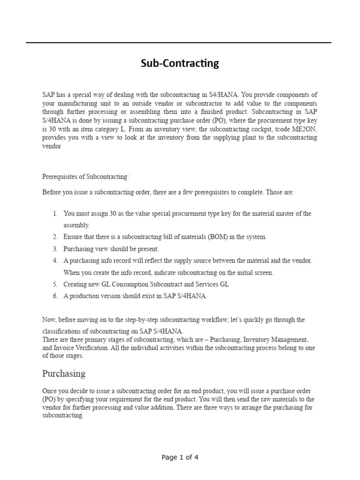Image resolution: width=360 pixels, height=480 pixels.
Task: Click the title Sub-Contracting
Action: point(180,63)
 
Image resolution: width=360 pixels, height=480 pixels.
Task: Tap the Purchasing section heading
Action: point(64,373)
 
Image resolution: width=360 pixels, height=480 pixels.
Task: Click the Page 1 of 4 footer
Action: point(180,457)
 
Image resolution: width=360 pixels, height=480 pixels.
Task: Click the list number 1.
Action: point(55,213)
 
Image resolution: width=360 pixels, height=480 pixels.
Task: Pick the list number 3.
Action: point(55,248)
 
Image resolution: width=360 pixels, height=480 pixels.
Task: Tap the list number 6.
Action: point(55,296)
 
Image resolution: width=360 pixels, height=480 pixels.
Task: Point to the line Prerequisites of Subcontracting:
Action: point(85,177)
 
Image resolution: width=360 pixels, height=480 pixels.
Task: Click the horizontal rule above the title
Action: point(178,43)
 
